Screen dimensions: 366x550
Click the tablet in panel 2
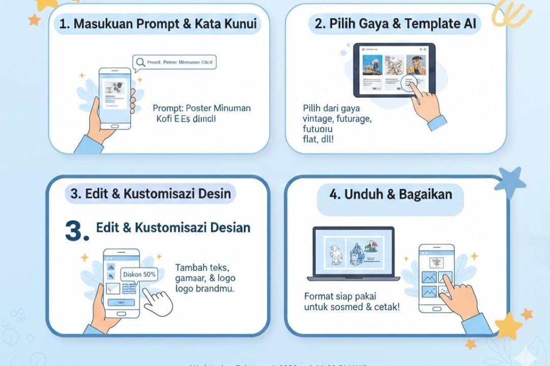click(394, 70)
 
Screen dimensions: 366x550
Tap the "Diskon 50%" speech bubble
click(139, 274)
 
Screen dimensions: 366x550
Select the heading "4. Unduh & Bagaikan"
click(390, 194)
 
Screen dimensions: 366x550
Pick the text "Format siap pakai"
click(340, 296)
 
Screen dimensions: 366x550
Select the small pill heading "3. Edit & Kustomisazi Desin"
click(151, 194)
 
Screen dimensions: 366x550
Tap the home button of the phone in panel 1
click(114, 126)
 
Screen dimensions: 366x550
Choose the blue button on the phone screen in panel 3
click(121, 302)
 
